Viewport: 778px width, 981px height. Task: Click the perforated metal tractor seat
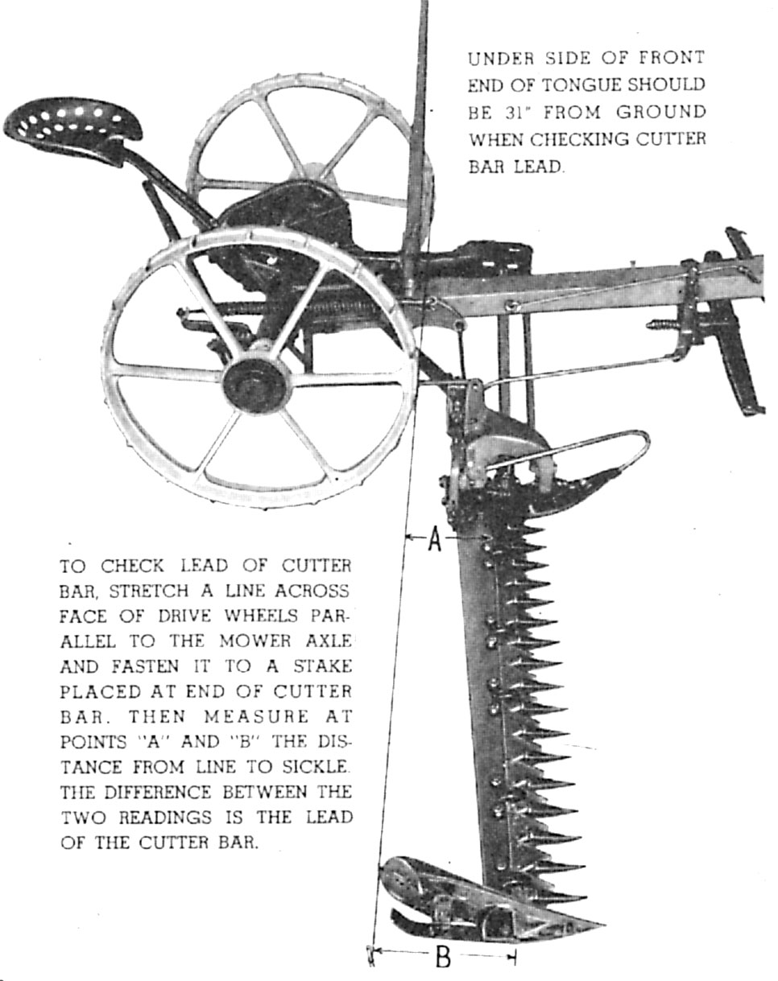click(x=72, y=125)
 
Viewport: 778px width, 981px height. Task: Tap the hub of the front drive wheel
click(x=256, y=382)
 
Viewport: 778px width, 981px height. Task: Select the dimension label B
click(x=443, y=958)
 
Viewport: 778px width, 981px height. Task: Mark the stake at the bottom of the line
click(x=371, y=955)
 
